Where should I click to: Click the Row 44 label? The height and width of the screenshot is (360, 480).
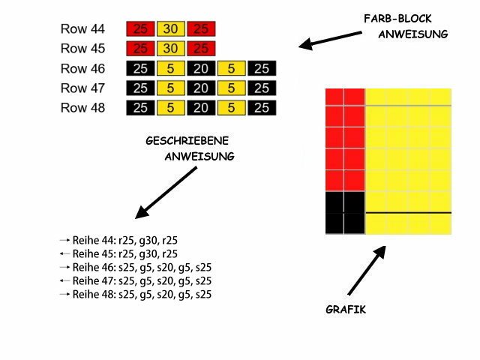(82, 30)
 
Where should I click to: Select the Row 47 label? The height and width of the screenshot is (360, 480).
(82, 88)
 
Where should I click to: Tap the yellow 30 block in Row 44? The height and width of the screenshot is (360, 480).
(171, 30)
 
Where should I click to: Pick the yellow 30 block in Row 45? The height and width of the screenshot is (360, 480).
(171, 49)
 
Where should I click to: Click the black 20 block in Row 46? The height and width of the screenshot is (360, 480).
(202, 69)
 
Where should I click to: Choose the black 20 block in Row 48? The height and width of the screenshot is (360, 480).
(202, 108)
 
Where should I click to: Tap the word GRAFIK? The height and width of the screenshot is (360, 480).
(346, 309)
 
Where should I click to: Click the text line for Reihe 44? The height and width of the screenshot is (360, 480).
(125, 241)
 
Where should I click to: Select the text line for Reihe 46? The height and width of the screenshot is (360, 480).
(141, 268)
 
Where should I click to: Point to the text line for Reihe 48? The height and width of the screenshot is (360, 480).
(141, 295)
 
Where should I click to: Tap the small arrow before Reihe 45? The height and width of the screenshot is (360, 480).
(64, 254)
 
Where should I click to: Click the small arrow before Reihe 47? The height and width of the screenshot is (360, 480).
(64, 281)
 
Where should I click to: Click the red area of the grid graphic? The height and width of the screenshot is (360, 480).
(344, 139)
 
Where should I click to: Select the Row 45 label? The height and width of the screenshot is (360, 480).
(82, 49)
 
